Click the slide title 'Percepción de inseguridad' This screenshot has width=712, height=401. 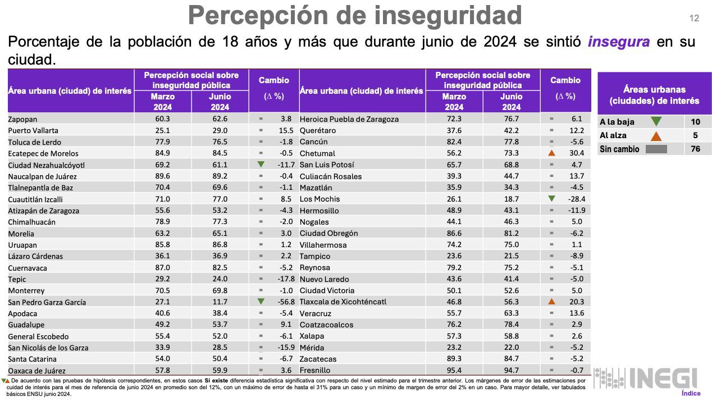(355, 15)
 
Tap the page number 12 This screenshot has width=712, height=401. (694, 19)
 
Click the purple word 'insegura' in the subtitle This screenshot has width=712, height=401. (618, 42)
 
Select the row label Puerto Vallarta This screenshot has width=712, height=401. (34, 131)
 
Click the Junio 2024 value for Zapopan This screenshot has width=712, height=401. (220, 119)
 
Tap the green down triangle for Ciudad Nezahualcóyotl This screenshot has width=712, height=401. (261, 165)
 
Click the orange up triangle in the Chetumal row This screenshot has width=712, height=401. (551, 153)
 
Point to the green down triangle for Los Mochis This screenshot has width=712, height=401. (551, 199)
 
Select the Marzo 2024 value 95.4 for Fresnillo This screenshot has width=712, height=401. (454, 370)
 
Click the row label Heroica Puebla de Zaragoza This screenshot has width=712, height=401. (349, 119)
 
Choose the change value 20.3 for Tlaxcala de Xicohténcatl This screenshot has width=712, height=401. (576, 302)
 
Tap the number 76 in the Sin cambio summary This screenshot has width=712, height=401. (695, 149)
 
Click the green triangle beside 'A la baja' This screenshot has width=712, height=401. (655, 122)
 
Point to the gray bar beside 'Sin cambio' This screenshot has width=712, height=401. (656, 149)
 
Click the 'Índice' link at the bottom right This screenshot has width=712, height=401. (691, 393)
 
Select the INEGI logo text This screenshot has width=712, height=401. (663, 378)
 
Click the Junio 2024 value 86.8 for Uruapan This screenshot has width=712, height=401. (220, 245)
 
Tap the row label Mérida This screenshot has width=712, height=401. (312, 348)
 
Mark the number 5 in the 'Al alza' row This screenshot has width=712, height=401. (695, 135)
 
